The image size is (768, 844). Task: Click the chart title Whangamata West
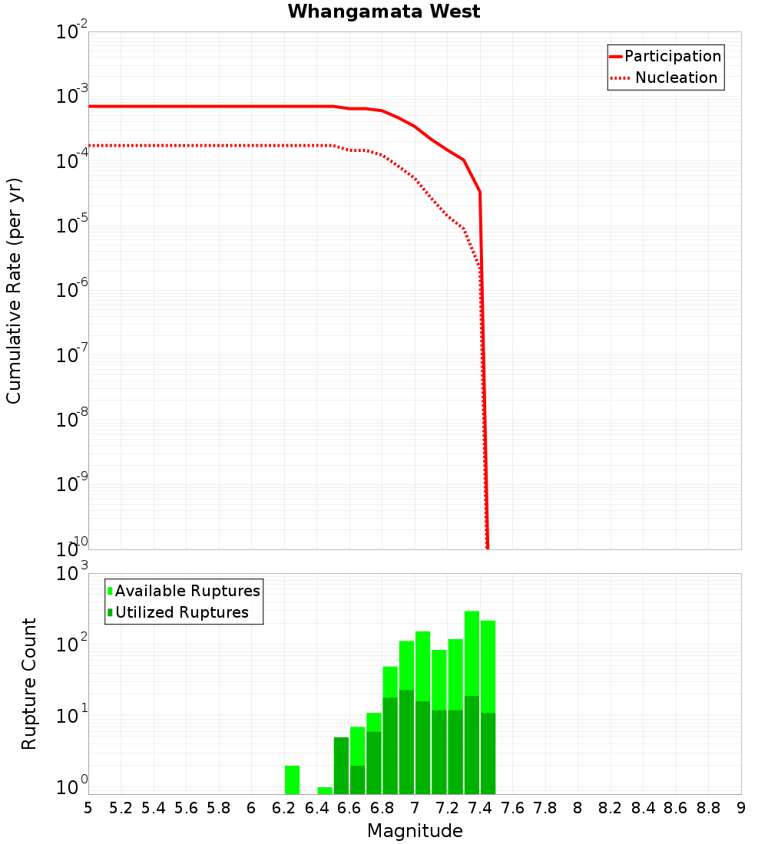click(x=384, y=12)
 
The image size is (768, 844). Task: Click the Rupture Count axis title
click(x=29, y=683)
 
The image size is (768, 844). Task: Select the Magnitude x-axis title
click(x=415, y=831)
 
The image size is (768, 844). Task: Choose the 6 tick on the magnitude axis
click(x=251, y=808)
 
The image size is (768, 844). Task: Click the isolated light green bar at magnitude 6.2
click(x=292, y=780)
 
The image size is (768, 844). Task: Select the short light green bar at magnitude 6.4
click(x=325, y=790)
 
